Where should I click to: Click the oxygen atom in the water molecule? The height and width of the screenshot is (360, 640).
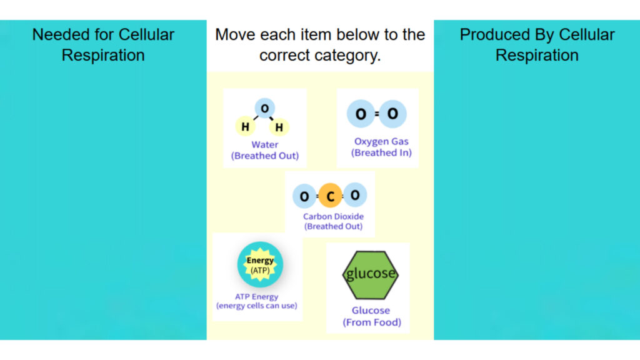(x=265, y=109)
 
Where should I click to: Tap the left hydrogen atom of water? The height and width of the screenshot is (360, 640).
(x=246, y=127)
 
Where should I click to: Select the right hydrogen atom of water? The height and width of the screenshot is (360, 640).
(x=279, y=127)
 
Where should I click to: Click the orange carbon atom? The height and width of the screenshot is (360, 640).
(x=330, y=197)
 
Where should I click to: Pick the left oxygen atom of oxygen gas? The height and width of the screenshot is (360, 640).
(x=361, y=114)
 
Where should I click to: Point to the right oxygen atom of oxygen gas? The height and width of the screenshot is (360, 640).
(x=392, y=114)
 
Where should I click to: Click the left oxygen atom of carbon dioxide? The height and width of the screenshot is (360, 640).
(x=304, y=197)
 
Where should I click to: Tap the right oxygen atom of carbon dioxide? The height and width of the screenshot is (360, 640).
(x=355, y=195)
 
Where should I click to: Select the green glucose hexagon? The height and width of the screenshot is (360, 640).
(x=370, y=274)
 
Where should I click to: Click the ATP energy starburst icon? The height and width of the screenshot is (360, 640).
(x=260, y=264)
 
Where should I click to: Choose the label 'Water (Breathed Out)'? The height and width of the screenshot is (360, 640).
(x=265, y=150)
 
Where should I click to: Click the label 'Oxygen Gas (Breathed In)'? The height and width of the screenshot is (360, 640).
(x=381, y=147)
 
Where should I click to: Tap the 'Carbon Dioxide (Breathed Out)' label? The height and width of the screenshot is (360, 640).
(x=333, y=221)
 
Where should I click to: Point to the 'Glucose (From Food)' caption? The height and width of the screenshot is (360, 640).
(x=371, y=316)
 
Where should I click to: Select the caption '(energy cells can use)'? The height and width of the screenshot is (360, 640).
(x=257, y=306)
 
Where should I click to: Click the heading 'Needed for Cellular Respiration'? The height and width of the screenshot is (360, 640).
(x=103, y=44)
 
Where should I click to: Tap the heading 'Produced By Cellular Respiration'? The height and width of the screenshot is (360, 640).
(x=537, y=44)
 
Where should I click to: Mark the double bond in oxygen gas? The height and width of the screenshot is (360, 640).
(x=377, y=114)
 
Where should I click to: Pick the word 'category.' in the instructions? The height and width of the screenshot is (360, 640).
(x=347, y=55)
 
